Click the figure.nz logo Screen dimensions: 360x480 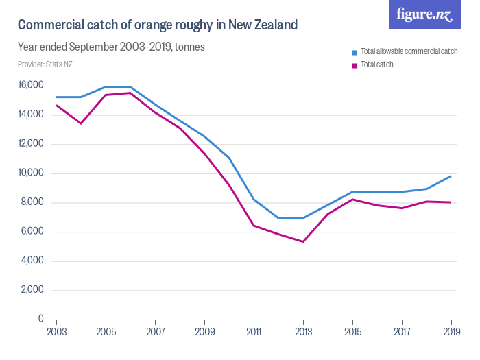[424, 15]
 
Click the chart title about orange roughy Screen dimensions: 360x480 [157, 25]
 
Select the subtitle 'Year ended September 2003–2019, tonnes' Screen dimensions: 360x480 [111, 47]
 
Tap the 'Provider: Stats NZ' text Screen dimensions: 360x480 [45, 64]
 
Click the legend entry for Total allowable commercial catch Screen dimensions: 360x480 [408, 52]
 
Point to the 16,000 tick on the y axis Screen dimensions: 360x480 [31, 85]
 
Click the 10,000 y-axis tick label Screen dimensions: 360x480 [31, 173]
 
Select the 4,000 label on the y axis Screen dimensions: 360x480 [32, 261]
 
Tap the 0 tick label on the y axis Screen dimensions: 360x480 [40, 320]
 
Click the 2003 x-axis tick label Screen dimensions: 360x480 [57, 333]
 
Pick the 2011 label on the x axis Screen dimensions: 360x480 [254, 333]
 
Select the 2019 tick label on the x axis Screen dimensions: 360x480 [451, 333]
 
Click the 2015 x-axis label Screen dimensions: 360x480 [353, 333]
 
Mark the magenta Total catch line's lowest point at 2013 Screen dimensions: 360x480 [303, 241]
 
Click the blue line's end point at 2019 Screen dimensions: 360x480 [451, 176]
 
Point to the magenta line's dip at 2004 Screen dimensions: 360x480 [82, 123]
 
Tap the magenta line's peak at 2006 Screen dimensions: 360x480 [131, 93]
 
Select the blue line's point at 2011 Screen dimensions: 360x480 [254, 200]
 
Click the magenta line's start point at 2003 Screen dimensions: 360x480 [57, 105]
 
